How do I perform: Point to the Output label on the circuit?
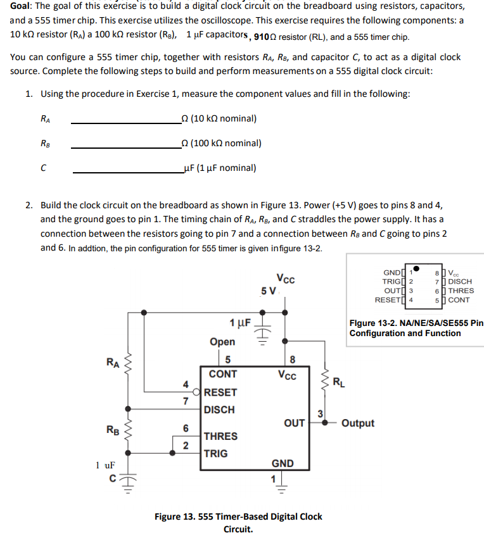pyautogui.click(x=358, y=423)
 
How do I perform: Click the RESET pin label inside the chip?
pyautogui.click(x=220, y=392)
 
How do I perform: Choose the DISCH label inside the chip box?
pyautogui.click(x=219, y=410)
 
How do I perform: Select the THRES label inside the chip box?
pyautogui.click(x=220, y=436)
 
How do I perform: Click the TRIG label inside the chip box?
pyautogui.click(x=216, y=453)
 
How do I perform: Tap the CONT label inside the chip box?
pyautogui.click(x=223, y=374)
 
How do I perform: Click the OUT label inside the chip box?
pyautogui.click(x=294, y=423)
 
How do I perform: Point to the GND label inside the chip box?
pyautogui.click(x=283, y=463)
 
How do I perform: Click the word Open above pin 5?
pyautogui.click(x=222, y=342)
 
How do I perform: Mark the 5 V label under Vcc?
pyautogui.click(x=269, y=291)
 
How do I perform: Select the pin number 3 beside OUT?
pyautogui.click(x=321, y=413)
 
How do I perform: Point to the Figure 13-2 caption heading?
pyautogui.click(x=416, y=328)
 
